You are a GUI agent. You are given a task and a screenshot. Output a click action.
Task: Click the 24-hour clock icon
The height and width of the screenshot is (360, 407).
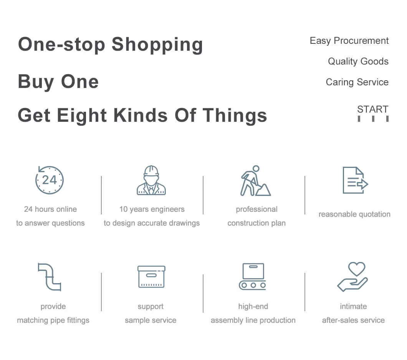pos(49,180)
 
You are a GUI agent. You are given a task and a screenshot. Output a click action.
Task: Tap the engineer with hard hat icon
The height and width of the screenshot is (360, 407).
pos(151,180)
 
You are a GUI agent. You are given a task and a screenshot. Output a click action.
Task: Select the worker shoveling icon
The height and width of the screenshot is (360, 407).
pos(255,181)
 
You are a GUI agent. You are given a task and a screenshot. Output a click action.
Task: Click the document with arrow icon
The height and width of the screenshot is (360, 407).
pos(355,180)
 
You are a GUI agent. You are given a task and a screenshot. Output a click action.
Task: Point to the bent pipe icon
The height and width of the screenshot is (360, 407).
pos(49,277)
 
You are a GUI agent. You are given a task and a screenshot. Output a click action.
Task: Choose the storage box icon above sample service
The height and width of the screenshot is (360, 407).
pos(151,277)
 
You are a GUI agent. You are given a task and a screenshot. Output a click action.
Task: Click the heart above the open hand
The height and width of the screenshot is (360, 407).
pos(357,269)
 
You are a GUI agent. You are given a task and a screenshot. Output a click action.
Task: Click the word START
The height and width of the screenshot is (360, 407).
pos(373,109)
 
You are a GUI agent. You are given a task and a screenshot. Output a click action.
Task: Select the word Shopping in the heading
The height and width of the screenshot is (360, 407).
pos(157,45)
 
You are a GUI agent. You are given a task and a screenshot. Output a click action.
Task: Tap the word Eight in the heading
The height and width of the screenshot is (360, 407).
pos(82,115)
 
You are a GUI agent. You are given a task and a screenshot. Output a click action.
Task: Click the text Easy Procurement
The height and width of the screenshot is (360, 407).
pos(349,40)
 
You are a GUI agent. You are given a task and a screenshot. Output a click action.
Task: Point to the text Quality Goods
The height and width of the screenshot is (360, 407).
pos(358,61)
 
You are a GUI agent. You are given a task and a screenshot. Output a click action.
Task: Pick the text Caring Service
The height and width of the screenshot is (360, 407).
pos(357,82)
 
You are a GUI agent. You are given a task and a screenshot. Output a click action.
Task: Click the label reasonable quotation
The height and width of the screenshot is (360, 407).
pos(354,214)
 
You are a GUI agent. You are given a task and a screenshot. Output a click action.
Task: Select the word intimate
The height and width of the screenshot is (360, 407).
pos(354,307)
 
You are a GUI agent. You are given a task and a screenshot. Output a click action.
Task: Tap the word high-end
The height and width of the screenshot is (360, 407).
pos(253,307)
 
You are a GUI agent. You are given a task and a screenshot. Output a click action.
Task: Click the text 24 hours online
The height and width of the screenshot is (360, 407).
pos(50,209)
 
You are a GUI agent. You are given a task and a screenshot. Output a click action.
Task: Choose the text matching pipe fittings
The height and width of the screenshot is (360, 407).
pos(53,320)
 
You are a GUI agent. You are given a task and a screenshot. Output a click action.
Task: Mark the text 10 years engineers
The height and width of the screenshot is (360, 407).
pos(152,209)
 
